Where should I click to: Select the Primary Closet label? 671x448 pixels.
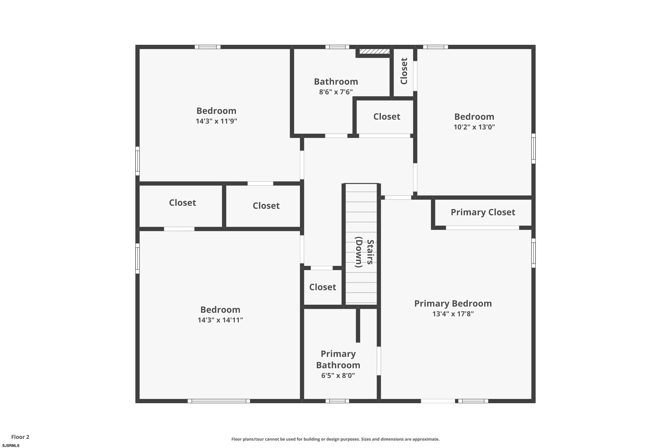point(483,212)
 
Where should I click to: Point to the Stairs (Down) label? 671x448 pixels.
point(364,252)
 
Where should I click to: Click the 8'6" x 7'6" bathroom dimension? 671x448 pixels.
point(336,92)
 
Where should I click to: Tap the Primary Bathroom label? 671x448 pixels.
point(338,360)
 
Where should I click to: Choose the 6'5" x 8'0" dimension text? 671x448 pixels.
point(338,375)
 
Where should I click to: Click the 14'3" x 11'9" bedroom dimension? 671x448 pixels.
point(216,121)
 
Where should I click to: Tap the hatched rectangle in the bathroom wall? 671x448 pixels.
point(374,52)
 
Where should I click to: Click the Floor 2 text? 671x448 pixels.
point(20,437)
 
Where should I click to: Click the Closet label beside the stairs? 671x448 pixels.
point(323,287)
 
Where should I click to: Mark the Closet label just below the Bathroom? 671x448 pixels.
point(386,116)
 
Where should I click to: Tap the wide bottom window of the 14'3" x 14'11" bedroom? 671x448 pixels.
point(219,401)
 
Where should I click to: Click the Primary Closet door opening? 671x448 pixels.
point(482,228)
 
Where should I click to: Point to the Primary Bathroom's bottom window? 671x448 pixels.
point(337,401)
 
